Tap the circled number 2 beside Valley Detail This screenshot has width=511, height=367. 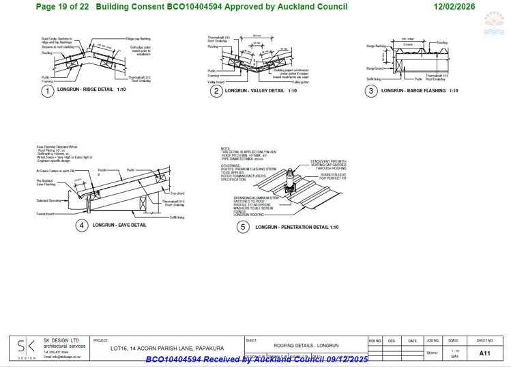tap(216, 91)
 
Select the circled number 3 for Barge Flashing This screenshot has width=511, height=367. tap(371, 91)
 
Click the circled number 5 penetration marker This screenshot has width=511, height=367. tap(242, 227)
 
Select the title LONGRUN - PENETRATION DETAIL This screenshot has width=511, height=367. tap(297, 227)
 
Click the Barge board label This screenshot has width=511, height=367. tap(375, 68)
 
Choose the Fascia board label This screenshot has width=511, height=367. tap(45, 214)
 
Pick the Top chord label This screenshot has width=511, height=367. tap(178, 193)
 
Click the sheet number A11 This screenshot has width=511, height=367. tap(484, 353)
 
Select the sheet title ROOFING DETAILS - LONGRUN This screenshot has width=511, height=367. tap(306, 346)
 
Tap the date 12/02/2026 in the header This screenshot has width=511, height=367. tap(456, 6)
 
